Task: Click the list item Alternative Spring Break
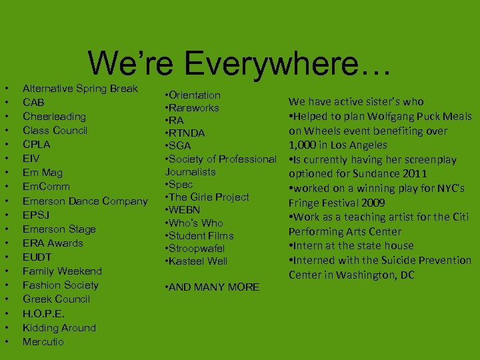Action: pos(80,88)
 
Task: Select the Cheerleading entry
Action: pos(55,116)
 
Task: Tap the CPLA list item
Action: pos(37,144)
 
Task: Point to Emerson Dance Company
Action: pos(85,201)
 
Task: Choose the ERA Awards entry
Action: pos(53,243)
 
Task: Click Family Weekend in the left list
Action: pos(62,271)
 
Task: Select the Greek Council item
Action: pos(56,299)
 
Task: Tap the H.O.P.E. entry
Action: pos(44,313)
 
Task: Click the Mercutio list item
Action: pos(43,341)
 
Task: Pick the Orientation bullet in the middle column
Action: pos(195,95)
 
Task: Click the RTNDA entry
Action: pos(187,133)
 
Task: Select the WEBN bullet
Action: pos(186,210)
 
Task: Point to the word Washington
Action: pos(375,275)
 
